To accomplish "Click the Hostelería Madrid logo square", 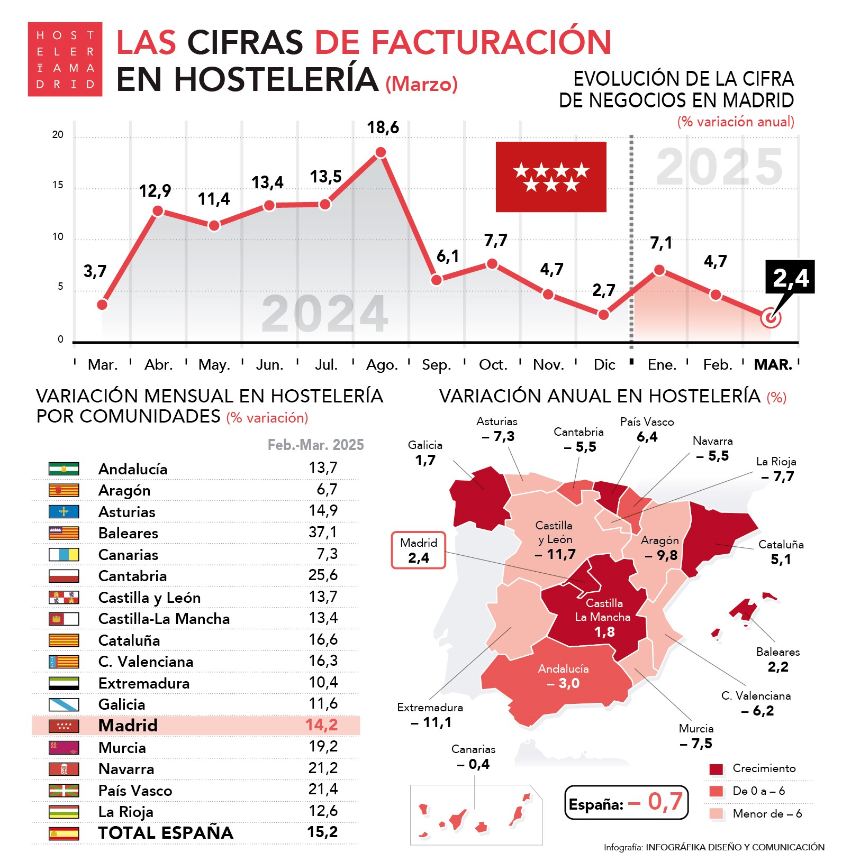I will click(x=65, y=59).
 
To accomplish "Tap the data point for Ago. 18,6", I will click(x=381, y=152).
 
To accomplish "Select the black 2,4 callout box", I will click(x=790, y=277).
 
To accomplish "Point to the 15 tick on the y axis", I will click(x=58, y=185).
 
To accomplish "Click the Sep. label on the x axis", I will click(x=436, y=365).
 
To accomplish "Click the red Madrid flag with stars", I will click(x=551, y=177).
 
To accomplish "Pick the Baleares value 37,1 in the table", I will click(x=323, y=532).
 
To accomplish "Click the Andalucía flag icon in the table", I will click(x=64, y=469).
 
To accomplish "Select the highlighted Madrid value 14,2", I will click(x=321, y=725).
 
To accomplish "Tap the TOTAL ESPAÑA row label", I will click(x=166, y=833).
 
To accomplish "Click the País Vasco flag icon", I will click(x=64, y=790).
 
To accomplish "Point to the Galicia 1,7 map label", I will click(x=425, y=453).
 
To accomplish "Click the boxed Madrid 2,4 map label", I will click(x=419, y=551).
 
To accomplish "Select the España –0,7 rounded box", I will click(x=626, y=803).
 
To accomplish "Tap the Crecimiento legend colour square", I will click(x=716, y=769).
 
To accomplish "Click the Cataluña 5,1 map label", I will click(x=781, y=552).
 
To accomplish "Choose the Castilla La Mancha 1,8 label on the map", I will click(x=603, y=617).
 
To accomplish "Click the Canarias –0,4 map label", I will click(x=474, y=757).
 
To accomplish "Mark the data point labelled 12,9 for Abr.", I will click(x=158, y=211).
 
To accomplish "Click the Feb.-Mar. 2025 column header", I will click(x=315, y=445).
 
